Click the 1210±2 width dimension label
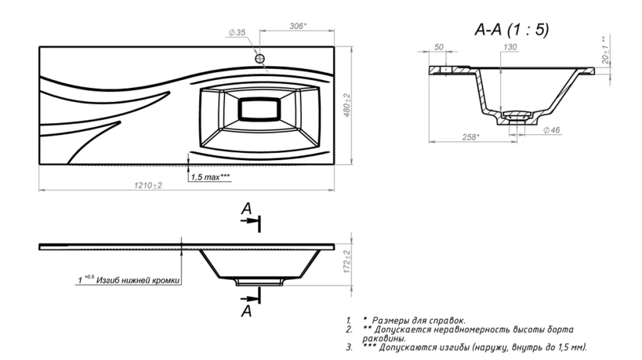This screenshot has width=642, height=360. pyautogui.click(x=148, y=185)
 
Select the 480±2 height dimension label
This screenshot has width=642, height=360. pyautogui.click(x=347, y=105)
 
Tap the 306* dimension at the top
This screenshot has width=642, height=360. pyautogui.click(x=298, y=26)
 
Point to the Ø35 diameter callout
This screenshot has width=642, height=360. pyautogui.click(x=237, y=32)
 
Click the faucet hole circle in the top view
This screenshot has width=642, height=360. pyautogui.click(x=259, y=59)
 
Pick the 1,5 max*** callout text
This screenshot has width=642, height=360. pyautogui.click(x=210, y=177)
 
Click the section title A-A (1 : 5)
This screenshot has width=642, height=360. pyautogui.click(x=512, y=30)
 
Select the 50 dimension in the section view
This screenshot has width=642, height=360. pyautogui.click(x=439, y=47)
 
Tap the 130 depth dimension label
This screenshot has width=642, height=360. pyautogui.click(x=510, y=47)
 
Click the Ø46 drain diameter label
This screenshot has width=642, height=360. pyautogui.click(x=551, y=130)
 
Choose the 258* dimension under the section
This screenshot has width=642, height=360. pyautogui.click(x=471, y=137)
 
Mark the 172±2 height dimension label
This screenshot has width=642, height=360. pyautogui.click(x=347, y=261)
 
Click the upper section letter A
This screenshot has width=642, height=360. pyautogui.click(x=246, y=209)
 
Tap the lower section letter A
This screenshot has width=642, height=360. pyautogui.click(x=246, y=311)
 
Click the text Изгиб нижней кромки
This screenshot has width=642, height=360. pyautogui.click(x=138, y=281)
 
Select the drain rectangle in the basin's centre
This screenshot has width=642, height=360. pyautogui.click(x=259, y=109)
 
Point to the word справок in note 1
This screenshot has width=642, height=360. pyautogui.click(x=449, y=321)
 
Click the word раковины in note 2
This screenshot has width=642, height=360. pyautogui.click(x=384, y=339)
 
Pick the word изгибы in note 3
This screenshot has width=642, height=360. pyautogui.click(x=453, y=347)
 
